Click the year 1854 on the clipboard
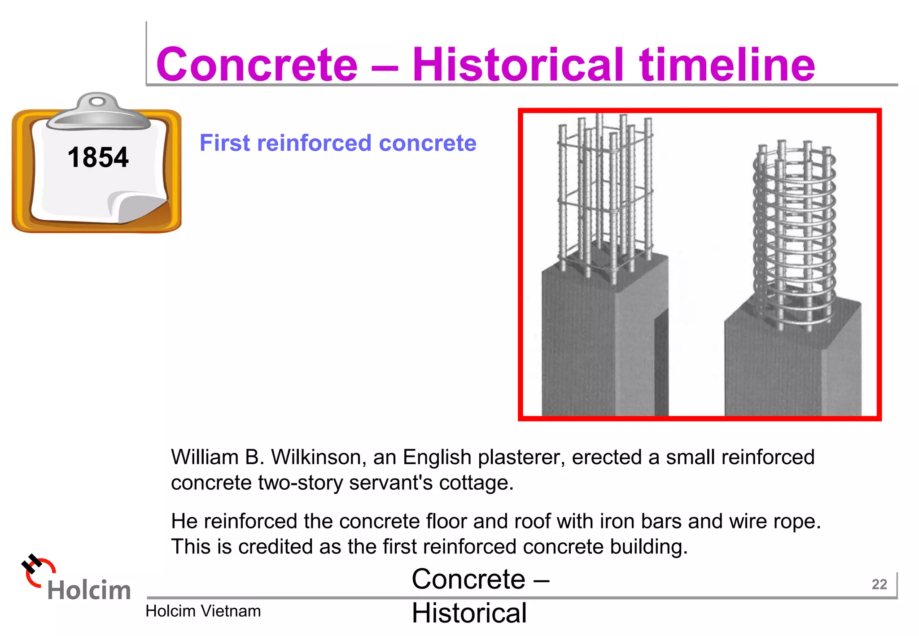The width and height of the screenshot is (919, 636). coord(98,157)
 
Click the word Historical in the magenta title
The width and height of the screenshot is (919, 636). coord(518,65)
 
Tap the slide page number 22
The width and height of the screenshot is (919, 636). coord(879,584)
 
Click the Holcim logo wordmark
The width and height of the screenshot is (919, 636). coord(89,590)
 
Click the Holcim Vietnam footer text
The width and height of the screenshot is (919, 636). coord(203,611)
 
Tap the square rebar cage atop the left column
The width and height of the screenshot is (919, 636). coord(604,193)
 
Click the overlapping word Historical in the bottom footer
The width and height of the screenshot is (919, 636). coord(469,613)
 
